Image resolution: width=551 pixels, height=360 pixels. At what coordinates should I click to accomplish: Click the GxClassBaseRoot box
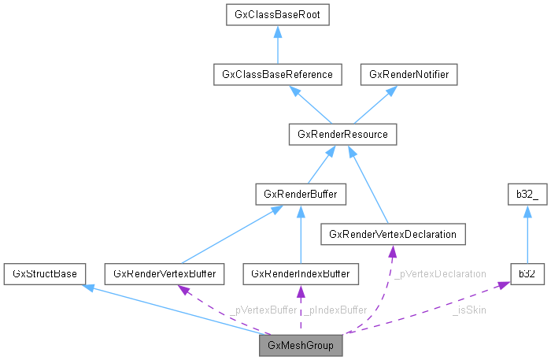277,15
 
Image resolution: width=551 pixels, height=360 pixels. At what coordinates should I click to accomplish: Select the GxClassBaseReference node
277,75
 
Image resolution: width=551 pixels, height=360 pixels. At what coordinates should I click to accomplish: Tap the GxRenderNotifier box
409,75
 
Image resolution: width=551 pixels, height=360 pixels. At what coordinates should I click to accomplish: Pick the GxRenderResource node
342,135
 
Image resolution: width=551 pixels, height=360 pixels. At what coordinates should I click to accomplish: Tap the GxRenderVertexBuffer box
166,273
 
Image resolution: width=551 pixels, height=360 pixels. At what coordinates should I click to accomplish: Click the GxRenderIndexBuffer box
301,273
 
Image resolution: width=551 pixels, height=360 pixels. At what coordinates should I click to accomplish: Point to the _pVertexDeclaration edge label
440,274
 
